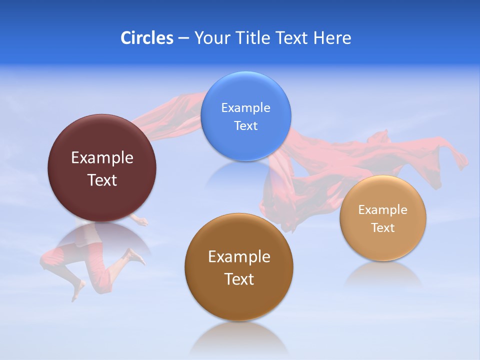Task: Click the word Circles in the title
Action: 146,38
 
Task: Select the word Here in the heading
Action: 332,38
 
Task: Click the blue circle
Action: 245,90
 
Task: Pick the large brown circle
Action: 239,300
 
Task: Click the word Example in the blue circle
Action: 245,108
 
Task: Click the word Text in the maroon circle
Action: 102,180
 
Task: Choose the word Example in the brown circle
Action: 239,257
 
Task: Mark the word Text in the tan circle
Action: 383,228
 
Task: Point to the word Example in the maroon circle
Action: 102,158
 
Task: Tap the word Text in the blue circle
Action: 245,126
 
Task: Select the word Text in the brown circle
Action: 239,279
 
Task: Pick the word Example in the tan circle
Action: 383,210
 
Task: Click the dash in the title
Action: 183,38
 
